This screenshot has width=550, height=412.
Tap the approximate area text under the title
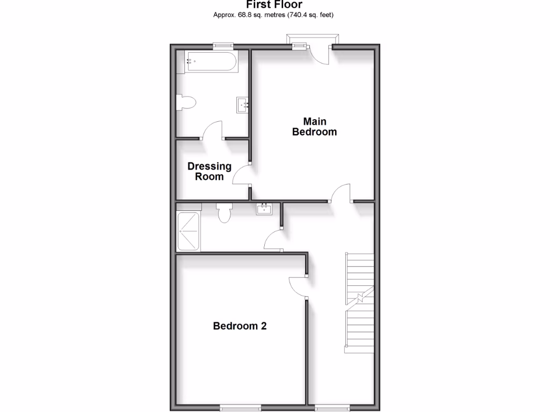coord(274,14)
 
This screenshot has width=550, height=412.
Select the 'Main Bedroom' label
coord(314,127)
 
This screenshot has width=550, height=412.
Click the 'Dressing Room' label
coord(209,171)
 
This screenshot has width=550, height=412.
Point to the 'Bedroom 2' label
coord(240,326)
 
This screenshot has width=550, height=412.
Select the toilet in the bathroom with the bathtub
coord(186,103)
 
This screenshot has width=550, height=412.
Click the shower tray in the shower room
coord(189,231)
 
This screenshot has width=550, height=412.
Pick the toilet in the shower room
coord(225,212)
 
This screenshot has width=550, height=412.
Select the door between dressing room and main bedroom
coord(242,175)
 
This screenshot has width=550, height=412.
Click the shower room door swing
coord(273,239)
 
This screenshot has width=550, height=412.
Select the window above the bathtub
coord(222,46)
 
